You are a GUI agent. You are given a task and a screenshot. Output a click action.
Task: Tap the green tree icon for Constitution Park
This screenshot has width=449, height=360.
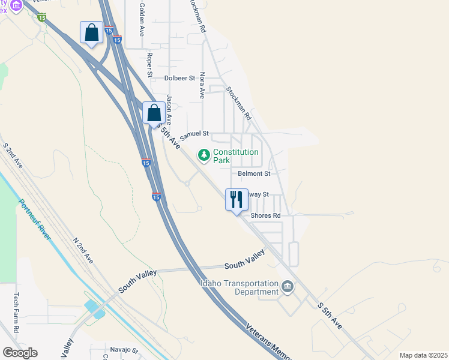[204, 155]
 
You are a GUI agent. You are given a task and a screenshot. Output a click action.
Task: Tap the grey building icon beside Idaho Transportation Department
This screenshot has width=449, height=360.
[288, 287]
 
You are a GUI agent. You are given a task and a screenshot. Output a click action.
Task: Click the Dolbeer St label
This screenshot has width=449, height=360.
[180, 78]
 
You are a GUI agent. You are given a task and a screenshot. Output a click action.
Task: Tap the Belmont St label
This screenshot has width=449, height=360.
[254, 173]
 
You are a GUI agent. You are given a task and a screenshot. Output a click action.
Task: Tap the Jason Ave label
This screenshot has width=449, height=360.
[170, 107]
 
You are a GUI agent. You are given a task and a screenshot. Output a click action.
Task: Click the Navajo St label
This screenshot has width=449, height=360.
[124, 350]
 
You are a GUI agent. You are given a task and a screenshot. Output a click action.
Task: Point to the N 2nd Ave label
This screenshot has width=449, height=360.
[83, 250]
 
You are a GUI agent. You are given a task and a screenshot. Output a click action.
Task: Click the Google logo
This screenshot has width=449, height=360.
[20, 353]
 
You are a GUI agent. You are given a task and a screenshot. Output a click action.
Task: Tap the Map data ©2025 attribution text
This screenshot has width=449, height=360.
[423, 355]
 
